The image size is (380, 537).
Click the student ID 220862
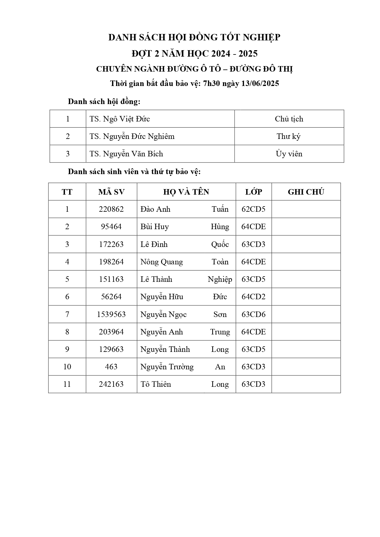[x=111, y=209]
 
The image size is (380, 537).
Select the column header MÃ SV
[x=111, y=192]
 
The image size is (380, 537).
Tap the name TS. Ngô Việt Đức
[x=120, y=119]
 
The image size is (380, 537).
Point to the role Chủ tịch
[x=289, y=119]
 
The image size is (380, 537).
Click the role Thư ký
[x=288, y=136]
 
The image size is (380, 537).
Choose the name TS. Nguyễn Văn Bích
[x=126, y=154]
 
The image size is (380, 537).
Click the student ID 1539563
[x=111, y=315]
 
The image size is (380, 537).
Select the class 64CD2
[x=253, y=297]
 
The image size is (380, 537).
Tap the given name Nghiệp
[x=220, y=279]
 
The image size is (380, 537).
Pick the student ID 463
[x=111, y=367]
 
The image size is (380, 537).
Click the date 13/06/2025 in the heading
[x=260, y=84]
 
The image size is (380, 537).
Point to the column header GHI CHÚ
[x=306, y=192]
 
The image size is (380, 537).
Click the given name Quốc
[x=220, y=244]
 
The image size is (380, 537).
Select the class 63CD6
[x=253, y=315]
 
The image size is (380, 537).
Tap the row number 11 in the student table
[x=67, y=384]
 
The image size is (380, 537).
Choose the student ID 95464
[x=111, y=227]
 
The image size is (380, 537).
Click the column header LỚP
[x=254, y=192]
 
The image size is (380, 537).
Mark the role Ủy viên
[x=289, y=154]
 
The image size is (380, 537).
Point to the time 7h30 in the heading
[x=212, y=84]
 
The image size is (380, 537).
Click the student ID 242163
[x=111, y=384]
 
